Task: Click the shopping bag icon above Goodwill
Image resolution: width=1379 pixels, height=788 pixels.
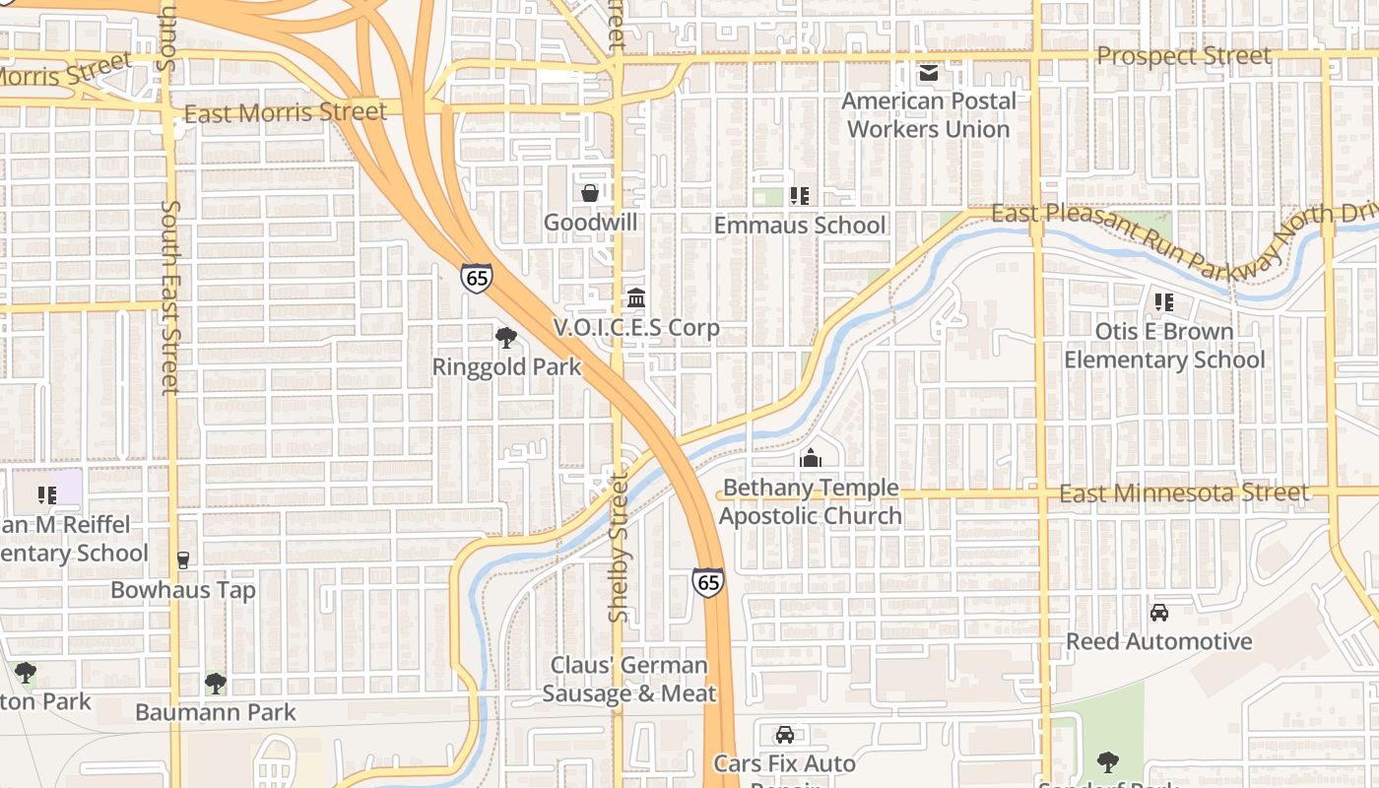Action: click(x=589, y=193)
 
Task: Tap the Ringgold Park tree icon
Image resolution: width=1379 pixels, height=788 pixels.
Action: click(x=506, y=339)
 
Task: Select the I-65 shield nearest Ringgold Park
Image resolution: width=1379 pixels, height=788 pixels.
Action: click(x=476, y=278)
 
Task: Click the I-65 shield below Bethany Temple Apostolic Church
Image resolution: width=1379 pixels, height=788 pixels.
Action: click(x=707, y=583)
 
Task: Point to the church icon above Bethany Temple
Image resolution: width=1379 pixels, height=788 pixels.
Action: click(x=811, y=459)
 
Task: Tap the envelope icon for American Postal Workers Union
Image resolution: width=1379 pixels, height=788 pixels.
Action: click(x=928, y=73)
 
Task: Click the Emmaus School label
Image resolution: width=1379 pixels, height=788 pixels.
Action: click(x=799, y=226)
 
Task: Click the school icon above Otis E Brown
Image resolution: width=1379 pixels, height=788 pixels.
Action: click(x=1163, y=302)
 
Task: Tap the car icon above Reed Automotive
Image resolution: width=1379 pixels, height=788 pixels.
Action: click(x=1159, y=613)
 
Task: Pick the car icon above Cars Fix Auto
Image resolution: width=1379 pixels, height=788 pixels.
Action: click(x=784, y=735)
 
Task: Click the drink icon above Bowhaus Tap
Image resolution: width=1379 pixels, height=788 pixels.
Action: click(x=182, y=560)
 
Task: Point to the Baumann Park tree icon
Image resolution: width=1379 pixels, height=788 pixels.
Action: click(x=215, y=684)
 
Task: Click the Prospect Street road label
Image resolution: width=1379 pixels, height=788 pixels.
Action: click(x=1183, y=56)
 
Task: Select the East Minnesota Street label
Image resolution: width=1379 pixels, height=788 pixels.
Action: click(x=1198, y=492)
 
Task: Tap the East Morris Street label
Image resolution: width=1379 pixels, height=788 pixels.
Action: click(x=286, y=112)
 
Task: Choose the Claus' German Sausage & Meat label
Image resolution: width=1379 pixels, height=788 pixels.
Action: click(x=629, y=680)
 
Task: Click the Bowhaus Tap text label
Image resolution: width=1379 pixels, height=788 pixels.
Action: click(x=183, y=590)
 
